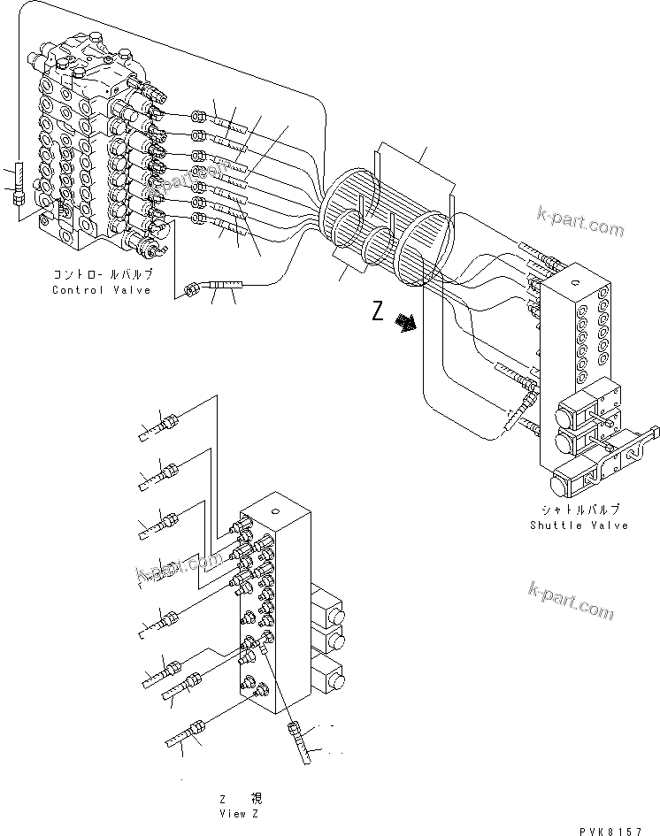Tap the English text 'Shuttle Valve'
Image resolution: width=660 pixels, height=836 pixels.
pos(579,525)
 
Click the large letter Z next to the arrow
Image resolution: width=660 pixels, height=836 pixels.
pos(379,312)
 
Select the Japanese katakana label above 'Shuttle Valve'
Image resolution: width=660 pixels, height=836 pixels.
pos(579,510)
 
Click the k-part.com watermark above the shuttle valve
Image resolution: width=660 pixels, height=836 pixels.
pos(579,220)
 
